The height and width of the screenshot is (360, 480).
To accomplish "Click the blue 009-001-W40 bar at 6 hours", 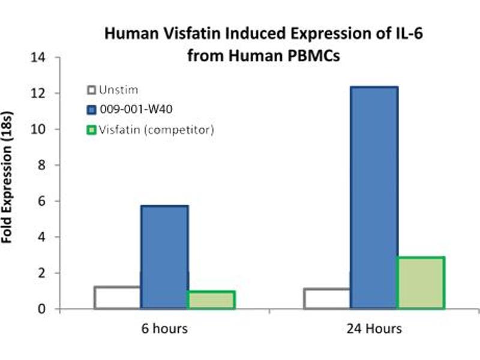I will point(164,257).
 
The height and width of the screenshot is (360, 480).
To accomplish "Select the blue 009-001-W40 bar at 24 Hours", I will point(374,198).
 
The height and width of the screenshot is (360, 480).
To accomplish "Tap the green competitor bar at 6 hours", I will point(211,300).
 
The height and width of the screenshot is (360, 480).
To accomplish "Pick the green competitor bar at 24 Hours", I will point(421,283).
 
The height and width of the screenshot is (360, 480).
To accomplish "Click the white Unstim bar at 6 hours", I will point(118,298).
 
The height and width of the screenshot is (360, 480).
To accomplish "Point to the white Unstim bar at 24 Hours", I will point(327,299).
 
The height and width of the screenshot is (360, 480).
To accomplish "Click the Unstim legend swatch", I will point(92,91).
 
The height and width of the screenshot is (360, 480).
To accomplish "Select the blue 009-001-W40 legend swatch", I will point(92,110).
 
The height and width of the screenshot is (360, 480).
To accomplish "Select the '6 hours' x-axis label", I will point(164,329).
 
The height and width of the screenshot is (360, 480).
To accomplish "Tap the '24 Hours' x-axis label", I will point(374,329).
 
